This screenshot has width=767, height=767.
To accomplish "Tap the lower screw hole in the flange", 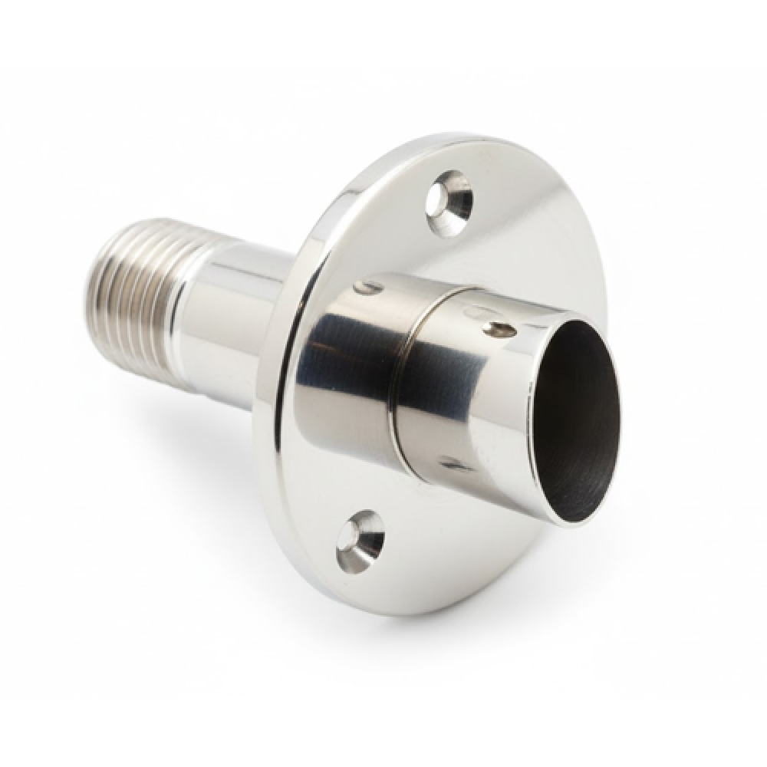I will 360,541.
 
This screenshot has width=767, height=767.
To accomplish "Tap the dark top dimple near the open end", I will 499,330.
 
